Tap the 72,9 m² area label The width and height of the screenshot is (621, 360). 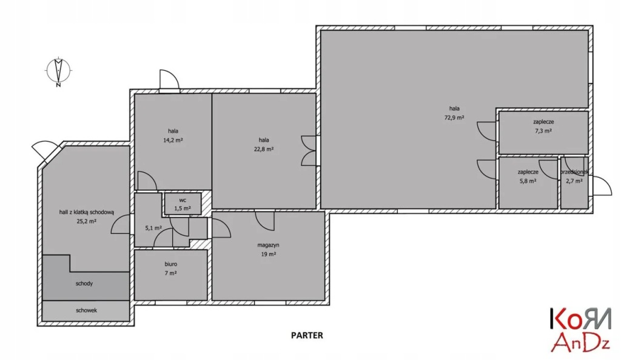click(x=454, y=118)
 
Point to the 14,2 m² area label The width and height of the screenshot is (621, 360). click(x=173, y=140)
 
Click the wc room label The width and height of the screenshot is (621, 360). click(x=182, y=199)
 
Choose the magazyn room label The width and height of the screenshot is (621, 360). click(x=267, y=245)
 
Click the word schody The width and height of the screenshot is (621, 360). click(x=84, y=283)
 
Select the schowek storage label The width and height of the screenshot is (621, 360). click(x=87, y=310)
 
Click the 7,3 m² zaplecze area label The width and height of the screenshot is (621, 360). click(x=543, y=131)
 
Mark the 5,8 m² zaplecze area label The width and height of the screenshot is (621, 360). click(x=528, y=181)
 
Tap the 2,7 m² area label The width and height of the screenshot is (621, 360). click(x=574, y=181)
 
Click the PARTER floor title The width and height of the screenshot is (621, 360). click(x=307, y=335)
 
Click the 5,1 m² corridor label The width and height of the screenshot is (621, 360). click(x=153, y=228)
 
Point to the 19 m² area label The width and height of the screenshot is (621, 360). click(x=268, y=255)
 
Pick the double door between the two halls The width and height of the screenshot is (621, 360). click(x=309, y=150)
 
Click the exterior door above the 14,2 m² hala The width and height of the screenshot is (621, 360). click(x=168, y=79)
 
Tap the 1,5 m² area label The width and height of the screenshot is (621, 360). click(x=183, y=208)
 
